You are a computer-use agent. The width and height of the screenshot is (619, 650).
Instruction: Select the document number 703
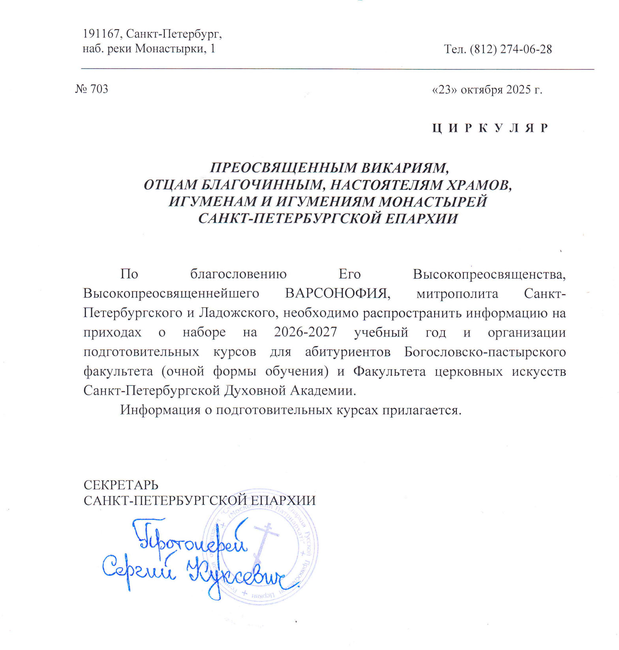tap(99, 89)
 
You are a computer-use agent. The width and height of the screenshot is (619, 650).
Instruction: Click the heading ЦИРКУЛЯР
tap(490, 128)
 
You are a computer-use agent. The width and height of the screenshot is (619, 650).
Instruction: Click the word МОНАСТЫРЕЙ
tap(433, 202)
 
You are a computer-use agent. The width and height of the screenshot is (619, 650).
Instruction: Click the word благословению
tap(238, 274)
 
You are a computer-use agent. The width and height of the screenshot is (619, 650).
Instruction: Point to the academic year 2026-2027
tap(306, 332)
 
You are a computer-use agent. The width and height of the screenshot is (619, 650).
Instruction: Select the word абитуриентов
tap(348, 352)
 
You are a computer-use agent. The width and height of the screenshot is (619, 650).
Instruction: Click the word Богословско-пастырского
tap(485, 352)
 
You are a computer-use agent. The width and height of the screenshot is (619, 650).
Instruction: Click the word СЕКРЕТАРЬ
tap(121, 485)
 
